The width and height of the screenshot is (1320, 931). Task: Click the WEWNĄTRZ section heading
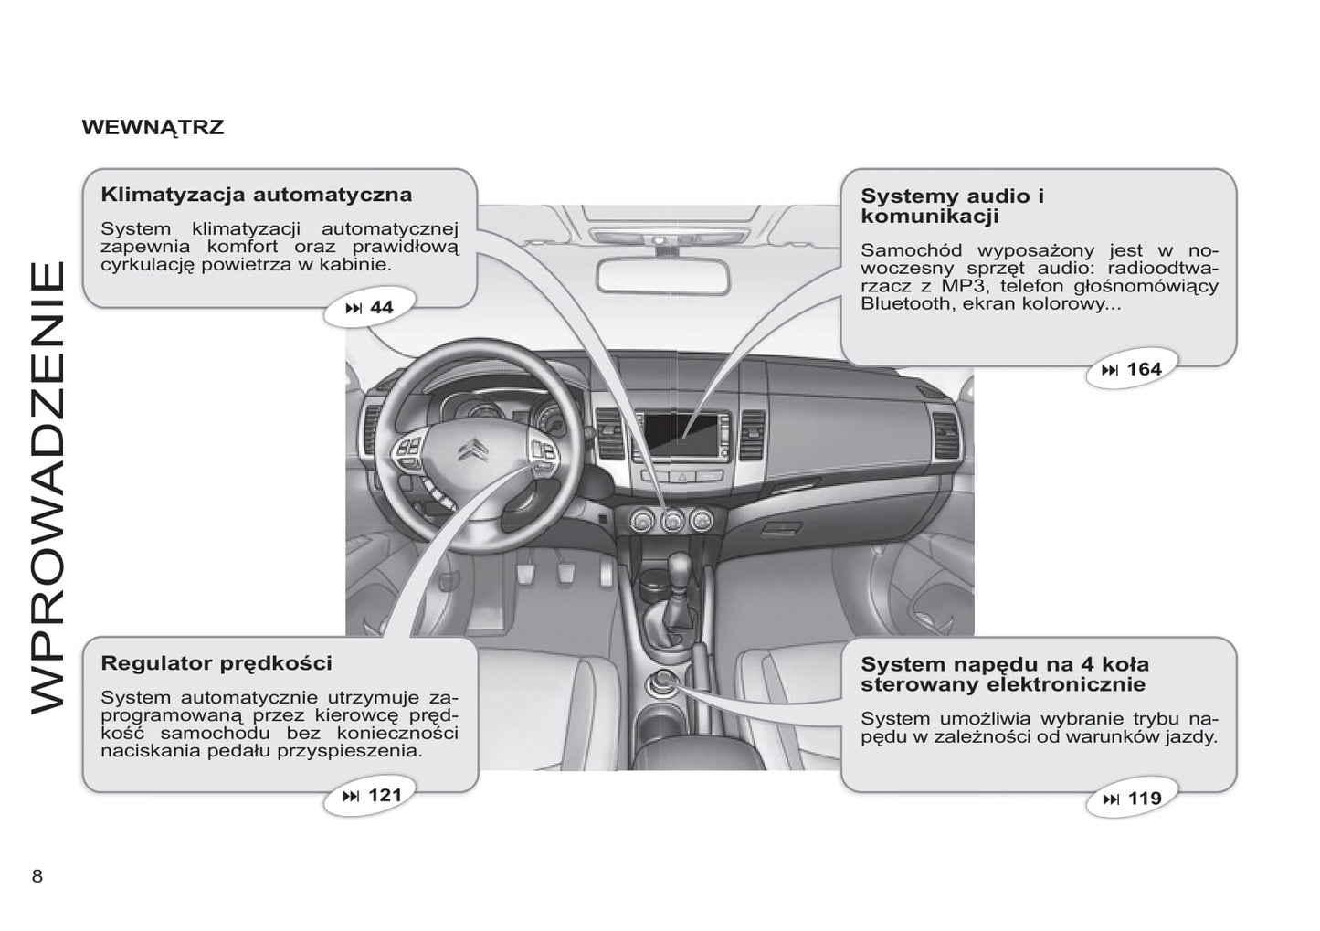pos(153,127)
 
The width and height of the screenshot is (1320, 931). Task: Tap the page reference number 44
pos(381,308)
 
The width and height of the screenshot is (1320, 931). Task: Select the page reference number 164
pos(1144,369)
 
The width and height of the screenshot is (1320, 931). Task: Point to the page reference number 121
pos(384,795)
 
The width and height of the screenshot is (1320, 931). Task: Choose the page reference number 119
pos(1145,799)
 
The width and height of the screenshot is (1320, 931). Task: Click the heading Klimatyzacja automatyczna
pos(256,195)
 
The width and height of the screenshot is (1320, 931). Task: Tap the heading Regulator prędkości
pos(216,663)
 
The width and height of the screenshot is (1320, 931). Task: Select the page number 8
pos(37,876)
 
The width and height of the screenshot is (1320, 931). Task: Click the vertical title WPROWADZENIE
pos(48,486)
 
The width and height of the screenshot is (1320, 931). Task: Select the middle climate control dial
pos(673,521)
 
